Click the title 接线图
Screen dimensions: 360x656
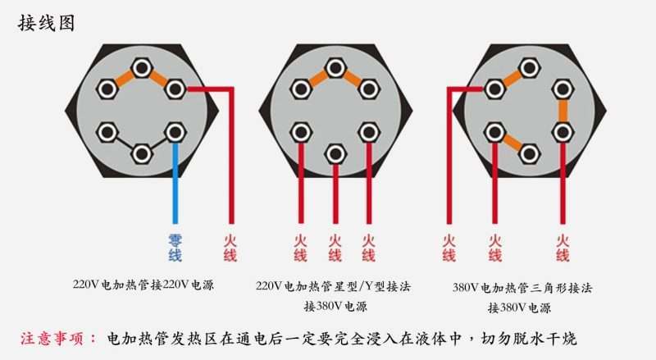click(47, 23)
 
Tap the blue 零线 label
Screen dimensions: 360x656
click(175, 248)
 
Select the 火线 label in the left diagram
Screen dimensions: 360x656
click(230, 248)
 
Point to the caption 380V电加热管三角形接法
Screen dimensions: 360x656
click(522, 288)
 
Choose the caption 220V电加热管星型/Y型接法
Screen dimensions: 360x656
click(333, 286)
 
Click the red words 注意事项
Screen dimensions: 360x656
click(57, 339)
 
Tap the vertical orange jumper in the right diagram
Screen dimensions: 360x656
click(562, 110)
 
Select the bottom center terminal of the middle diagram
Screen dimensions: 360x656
click(335, 153)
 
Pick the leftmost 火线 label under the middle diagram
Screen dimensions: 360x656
click(300, 248)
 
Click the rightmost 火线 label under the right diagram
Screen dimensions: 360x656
click(563, 248)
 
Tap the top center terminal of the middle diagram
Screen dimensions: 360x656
click(335, 66)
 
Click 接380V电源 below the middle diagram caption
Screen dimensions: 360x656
click(335, 307)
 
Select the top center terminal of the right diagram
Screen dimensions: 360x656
click(529, 66)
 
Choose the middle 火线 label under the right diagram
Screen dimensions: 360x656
click(494, 248)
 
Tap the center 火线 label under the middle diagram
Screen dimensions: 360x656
click(335, 248)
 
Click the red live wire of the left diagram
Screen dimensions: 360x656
click(231, 164)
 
